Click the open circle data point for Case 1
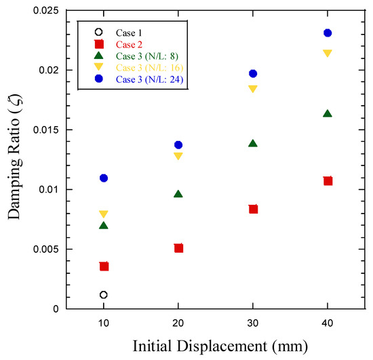pyautogui.click(x=103, y=295)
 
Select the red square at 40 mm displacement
pyautogui.click(x=328, y=181)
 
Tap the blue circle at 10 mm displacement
pyautogui.click(x=103, y=178)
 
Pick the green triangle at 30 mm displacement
pyautogui.click(x=253, y=144)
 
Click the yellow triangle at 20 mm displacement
pyautogui.click(x=178, y=156)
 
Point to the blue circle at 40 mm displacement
pyautogui.click(x=328, y=33)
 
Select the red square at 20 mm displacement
pyautogui.click(x=178, y=248)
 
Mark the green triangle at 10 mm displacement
pyautogui.click(x=103, y=225)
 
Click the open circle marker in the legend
pyautogui.click(x=99, y=31)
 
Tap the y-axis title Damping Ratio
pyautogui.click(x=14, y=160)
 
